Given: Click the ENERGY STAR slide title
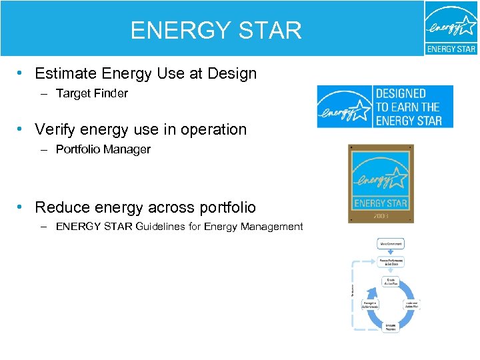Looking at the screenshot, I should pyautogui.click(x=216, y=31).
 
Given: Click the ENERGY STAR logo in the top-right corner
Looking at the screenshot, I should pyautogui.click(x=451, y=28).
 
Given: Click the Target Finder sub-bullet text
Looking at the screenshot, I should pyautogui.click(x=91, y=93).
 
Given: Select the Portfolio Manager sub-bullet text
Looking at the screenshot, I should pyautogui.click(x=103, y=149).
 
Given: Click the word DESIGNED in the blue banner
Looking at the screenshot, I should pyautogui.click(x=401, y=94).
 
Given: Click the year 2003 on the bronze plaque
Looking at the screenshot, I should pyautogui.click(x=381, y=215).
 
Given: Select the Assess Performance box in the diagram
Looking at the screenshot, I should pyautogui.click(x=392, y=262).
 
